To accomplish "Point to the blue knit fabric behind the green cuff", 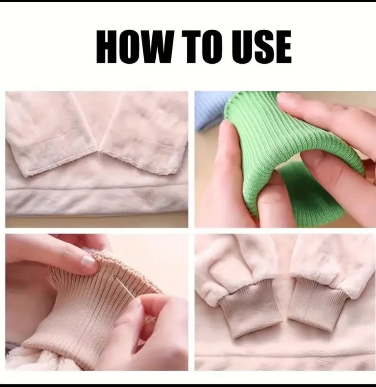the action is [x=210, y=109].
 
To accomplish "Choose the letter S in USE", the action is [x=262, y=46].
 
